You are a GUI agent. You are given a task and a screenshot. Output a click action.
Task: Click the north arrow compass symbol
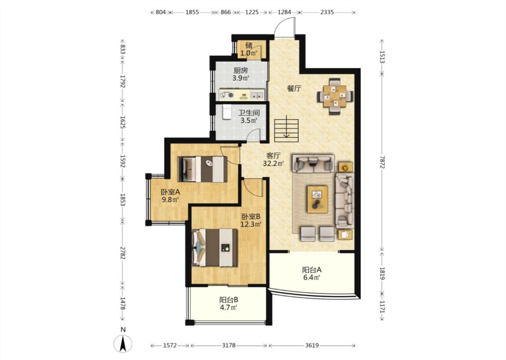pyautogui.click(x=123, y=343)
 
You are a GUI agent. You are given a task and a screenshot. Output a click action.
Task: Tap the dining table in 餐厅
pyautogui.click(x=335, y=96)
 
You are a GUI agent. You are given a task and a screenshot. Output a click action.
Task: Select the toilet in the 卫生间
pyautogui.click(x=227, y=112)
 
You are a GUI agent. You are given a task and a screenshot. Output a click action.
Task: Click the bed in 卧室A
pyautogui.click(x=202, y=169)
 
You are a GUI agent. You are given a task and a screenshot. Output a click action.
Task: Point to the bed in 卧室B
pyautogui.click(x=215, y=247)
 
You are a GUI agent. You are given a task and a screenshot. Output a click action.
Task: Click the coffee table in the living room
pyautogui.click(x=318, y=199)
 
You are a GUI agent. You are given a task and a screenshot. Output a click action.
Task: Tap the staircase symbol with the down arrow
pyautogui.click(x=287, y=130)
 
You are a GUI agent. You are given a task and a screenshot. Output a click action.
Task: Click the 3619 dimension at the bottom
pyautogui.click(x=312, y=346)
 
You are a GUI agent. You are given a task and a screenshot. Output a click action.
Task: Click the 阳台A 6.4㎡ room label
pyautogui.click(x=311, y=273)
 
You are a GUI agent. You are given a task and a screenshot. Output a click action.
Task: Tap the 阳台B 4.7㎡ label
pyautogui.click(x=229, y=303)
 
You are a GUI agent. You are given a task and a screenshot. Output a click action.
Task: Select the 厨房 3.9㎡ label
pyautogui.click(x=241, y=74)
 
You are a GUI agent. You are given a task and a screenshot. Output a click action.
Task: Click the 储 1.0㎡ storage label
pyautogui.click(x=249, y=49)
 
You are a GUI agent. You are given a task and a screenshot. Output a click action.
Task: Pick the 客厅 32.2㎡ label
pyautogui.click(x=273, y=159)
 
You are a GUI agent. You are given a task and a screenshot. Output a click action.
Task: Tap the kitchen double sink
pyautogui.click(x=257, y=95)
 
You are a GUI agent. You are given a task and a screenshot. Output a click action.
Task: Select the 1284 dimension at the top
pyautogui.click(x=284, y=12)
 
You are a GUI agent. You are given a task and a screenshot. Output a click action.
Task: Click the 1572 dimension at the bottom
pyautogui.click(x=170, y=346)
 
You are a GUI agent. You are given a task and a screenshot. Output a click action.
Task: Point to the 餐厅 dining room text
pyautogui.click(x=294, y=88)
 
